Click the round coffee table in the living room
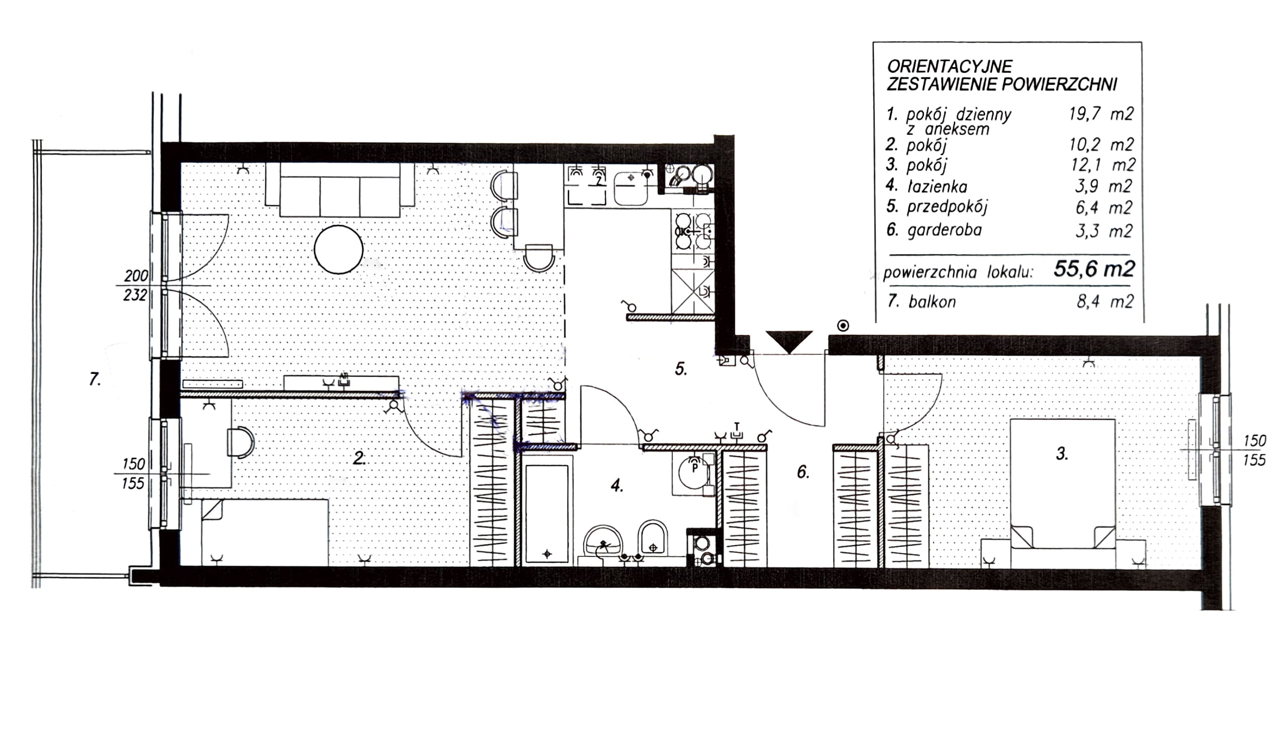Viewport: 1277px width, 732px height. [x=339, y=249]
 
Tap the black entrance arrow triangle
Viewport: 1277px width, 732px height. [x=789, y=341]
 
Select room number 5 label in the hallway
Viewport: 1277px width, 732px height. [x=681, y=369]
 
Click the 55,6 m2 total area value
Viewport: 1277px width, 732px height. [x=1095, y=269]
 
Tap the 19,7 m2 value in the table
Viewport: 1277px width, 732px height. [x=1101, y=114]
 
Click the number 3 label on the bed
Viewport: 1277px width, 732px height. [x=1062, y=454]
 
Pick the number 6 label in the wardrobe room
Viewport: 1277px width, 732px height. [x=803, y=471]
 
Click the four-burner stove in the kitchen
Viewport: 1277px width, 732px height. [x=693, y=231]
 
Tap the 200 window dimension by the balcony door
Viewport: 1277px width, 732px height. [x=136, y=275]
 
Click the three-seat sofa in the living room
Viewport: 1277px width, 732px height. [x=340, y=190]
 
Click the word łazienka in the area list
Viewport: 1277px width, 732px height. [x=937, y=187]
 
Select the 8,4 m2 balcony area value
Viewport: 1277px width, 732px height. [x=1105, y=302]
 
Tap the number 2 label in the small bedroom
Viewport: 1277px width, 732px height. [x=359, y=458]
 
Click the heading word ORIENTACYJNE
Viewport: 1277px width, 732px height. [x=950, y=66]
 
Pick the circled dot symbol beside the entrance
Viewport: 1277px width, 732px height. [x=843, y=326]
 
